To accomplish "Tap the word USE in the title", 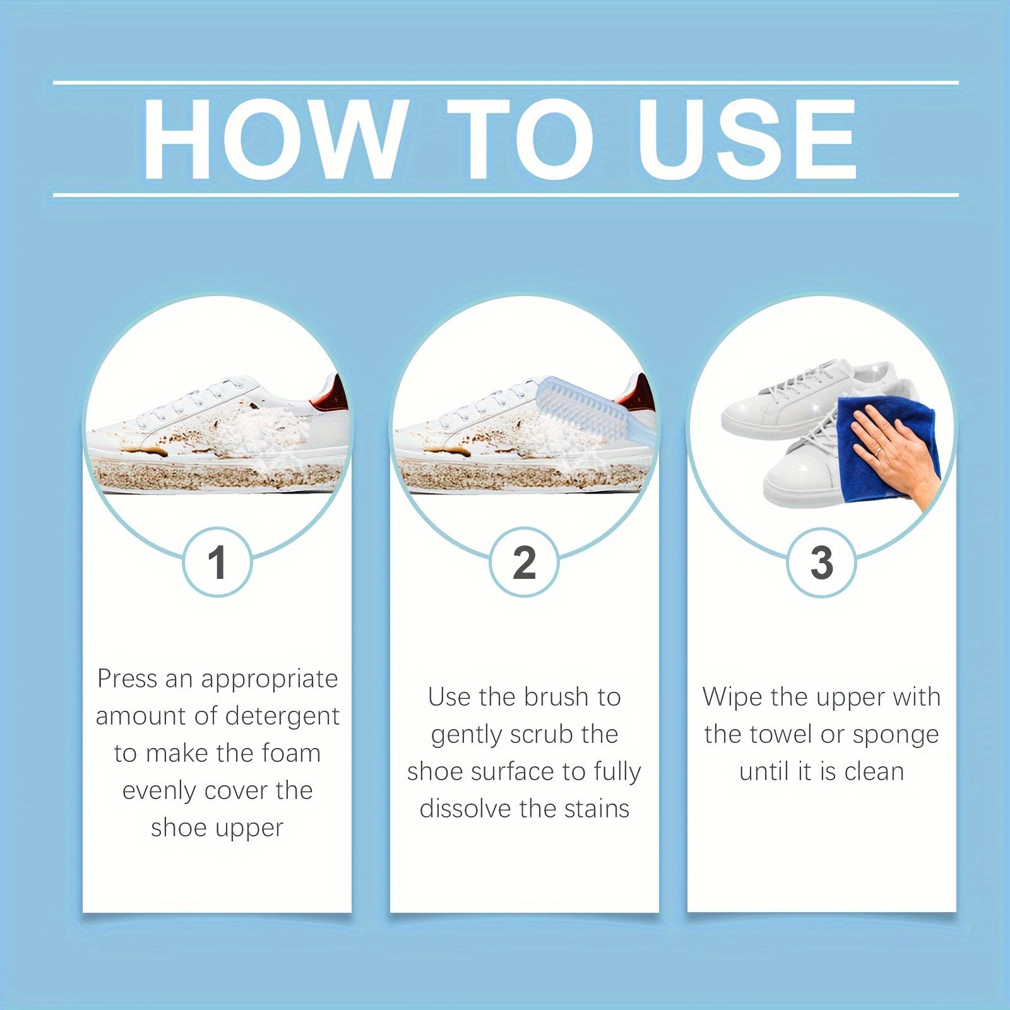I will [x=747, y=140].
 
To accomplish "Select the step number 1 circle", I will [x=217, y=562].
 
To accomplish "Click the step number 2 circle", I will [x=524, y=562].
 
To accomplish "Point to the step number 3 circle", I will [x=821, y=562].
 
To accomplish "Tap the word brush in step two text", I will [x=556, y=698].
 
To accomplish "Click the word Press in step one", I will [x=126, y=679].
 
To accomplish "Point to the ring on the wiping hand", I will [x=878, y=450].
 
